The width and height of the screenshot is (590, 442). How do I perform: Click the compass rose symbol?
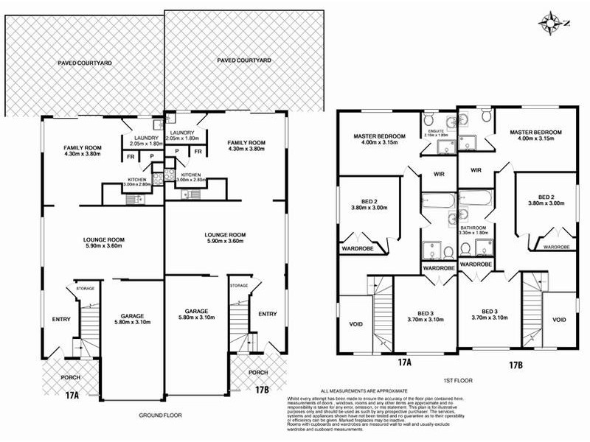(x=552, y=20)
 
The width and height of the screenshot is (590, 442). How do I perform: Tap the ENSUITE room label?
(x=435, y=131)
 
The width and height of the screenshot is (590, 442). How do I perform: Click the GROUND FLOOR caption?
(x=160, y=415)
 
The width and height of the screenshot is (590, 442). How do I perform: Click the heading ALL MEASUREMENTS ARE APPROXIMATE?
(x=364, y=391)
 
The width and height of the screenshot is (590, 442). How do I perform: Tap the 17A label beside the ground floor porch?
(x=71, y=396)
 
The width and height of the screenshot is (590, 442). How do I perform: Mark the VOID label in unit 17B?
(x=559, y=320)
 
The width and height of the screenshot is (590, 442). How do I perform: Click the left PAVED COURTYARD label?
(x=85, y=64)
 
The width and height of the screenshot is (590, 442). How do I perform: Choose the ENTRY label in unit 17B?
(x=267, y=315)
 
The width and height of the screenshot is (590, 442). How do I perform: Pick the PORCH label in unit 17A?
(x=70, y=377)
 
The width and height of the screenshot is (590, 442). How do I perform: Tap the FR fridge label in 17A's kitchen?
(x=131, y=157)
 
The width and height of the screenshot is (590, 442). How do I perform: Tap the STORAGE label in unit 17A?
(x=86, y=289)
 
